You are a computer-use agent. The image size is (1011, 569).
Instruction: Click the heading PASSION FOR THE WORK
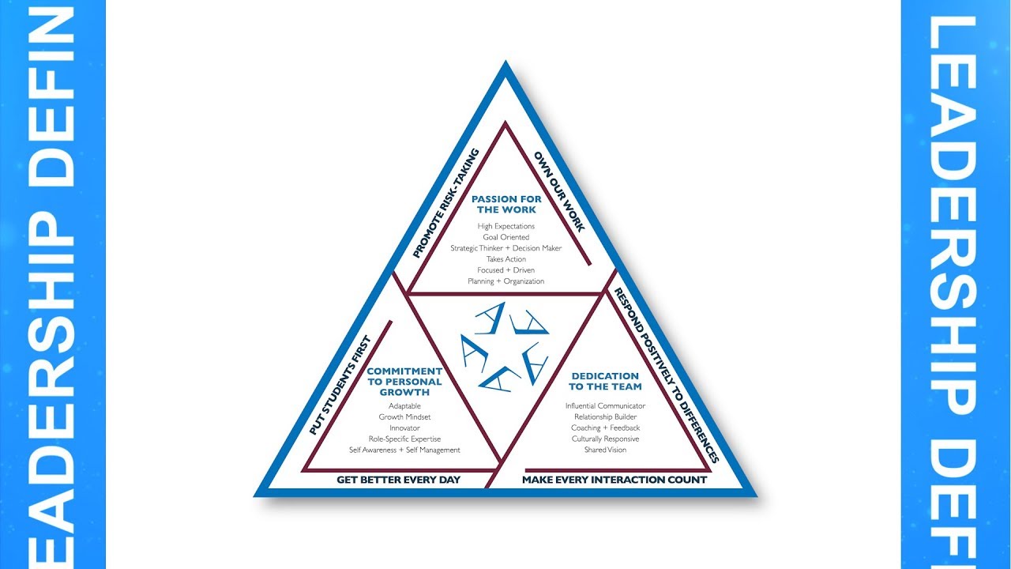point(506,205)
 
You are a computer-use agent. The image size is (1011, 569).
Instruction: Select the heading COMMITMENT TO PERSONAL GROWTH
point(404,381)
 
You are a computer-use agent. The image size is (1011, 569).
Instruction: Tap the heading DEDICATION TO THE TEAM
point(606,382)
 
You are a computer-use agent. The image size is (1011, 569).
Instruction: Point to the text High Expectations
point(506,227)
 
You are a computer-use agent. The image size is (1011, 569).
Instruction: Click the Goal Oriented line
point(506,237)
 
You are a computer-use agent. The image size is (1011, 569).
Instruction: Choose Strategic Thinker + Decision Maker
point(506,248)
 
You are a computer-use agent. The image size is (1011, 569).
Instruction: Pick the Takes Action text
point(506,259)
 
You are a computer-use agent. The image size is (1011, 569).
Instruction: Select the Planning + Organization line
point(506,281)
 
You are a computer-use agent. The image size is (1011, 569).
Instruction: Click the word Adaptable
point(404,405)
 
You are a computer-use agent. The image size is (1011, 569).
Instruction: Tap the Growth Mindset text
point(404,416)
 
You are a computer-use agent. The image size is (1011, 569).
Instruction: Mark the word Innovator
point(404,428)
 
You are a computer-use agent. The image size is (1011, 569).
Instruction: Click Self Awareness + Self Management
point(404,450)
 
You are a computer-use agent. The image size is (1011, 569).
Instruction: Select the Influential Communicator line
point(606,406)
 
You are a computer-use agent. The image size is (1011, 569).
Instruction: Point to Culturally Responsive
point(606,439)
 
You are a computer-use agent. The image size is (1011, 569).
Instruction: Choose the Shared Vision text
point(606,450)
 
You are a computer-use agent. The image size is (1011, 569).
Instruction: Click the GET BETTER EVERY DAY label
point(398,480)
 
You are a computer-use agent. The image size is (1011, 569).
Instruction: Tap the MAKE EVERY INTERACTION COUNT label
point(614,480)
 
